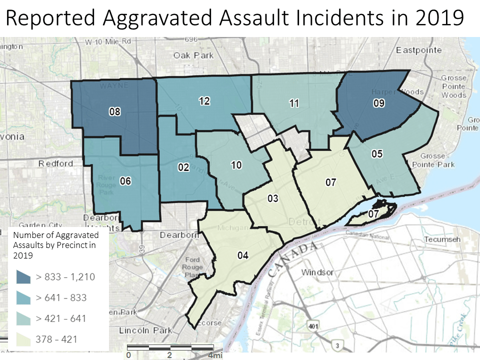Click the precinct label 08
114,112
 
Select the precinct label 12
204,101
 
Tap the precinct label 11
294,103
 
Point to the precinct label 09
378,104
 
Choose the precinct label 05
377,154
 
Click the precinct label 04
242,255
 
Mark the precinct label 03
272,198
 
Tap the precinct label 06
125,181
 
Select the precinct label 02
183,167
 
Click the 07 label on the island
373,214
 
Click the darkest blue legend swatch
23,276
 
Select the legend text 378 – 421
56,339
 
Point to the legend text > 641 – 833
61,297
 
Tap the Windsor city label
317,272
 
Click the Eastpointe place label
418,50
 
